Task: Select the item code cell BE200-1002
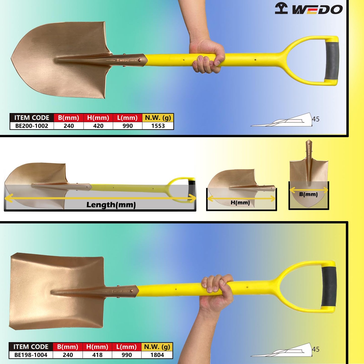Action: coord(32,126)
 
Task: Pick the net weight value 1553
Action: coord(158,126)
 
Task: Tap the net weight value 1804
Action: coord(157,355)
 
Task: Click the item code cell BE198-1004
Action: coord(31,355)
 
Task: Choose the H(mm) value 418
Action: coord(97,355)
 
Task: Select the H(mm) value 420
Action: coord(98,126)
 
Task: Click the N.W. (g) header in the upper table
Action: coord(158,118)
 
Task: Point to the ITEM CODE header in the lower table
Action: coord(31,347)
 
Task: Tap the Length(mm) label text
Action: coord(111,205)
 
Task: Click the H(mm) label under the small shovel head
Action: coord(240,203)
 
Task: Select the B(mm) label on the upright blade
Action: coord(308,194)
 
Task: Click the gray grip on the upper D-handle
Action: coord(332,60)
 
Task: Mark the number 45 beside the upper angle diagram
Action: coord(316,119)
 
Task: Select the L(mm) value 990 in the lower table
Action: coord(127,355)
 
